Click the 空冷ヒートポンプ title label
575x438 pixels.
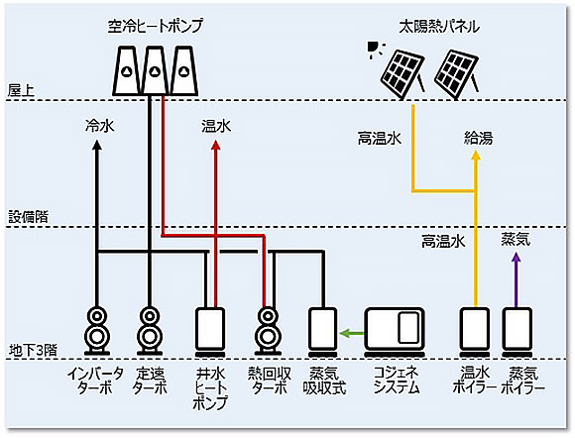click(x=155, y=27)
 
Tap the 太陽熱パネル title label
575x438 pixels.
click(x=439, y=27)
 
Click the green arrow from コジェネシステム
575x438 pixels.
click(x=352, y=334)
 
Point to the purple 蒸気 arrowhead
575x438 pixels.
click(x=517, y=257)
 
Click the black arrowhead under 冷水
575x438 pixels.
click(x=97, y=145)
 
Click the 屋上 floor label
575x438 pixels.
click(x=21, y=90)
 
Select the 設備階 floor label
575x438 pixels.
click(x=28, y=217)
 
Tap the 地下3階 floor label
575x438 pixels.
click(x=33, y=351)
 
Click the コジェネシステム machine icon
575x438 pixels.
click(x=395, y=332)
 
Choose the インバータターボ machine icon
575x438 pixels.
click(x=97, y=331)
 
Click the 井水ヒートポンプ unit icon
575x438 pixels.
click(x=210, y=332)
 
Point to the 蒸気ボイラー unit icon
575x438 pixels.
click(x=517, y=332)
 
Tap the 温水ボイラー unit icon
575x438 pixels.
click(x=475, y=332)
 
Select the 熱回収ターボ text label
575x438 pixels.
click(x=270, y=382)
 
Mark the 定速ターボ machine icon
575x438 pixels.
click(x=150, y=331)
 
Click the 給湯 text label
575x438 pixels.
click(x=478, y=138)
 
